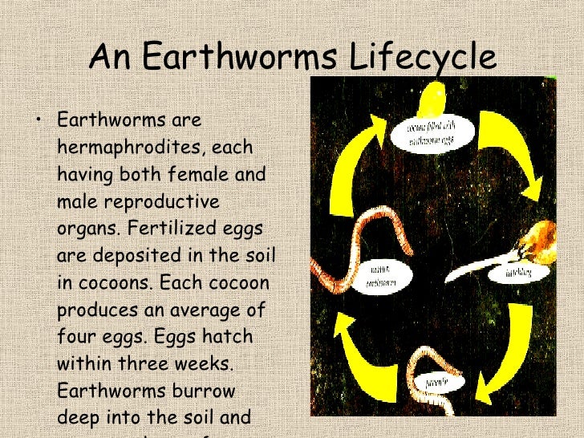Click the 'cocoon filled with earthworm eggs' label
(434, 134)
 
